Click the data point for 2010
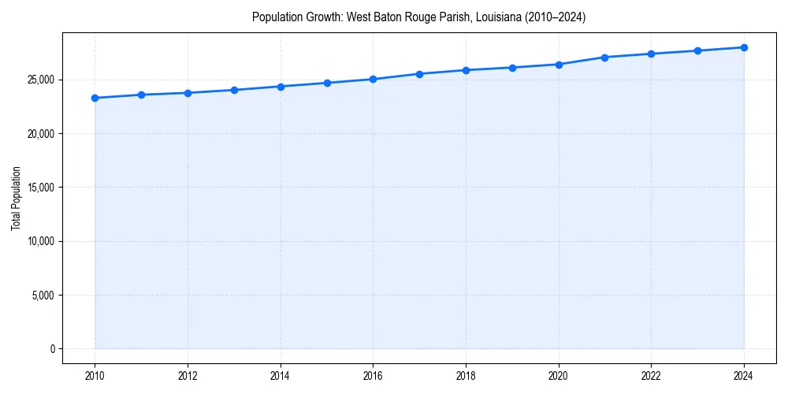95,98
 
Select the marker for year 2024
744,47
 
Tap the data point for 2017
419,74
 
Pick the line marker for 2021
604,58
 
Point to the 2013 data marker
234,90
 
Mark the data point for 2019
512,68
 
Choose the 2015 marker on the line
327,83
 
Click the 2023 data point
697,50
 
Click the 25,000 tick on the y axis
40,80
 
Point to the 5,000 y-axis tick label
43,295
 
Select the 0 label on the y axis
51,349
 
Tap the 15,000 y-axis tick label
40,188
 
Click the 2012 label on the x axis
188,376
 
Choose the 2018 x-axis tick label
466,376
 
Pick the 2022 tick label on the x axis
651,376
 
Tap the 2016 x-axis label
373,376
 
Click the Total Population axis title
16,198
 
